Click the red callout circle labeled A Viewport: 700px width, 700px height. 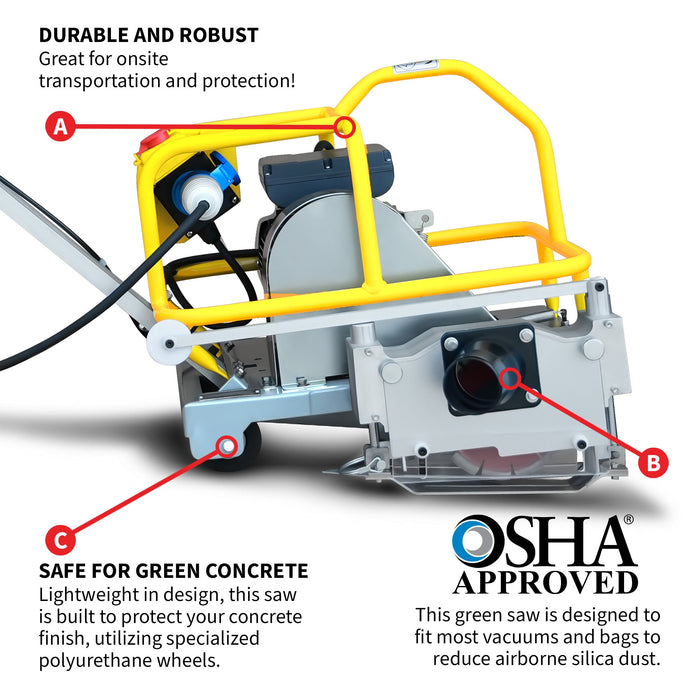(60, 126)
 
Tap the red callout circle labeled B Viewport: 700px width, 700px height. (653, 462)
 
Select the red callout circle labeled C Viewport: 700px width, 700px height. (60, 540)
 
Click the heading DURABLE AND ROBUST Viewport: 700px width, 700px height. (149, 35)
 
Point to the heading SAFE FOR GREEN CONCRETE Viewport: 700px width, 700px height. (173, 571)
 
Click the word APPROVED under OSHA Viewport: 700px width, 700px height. (546, 583)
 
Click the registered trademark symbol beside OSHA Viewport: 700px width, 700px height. (628, 519)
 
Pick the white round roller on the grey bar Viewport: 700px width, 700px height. (167, 343)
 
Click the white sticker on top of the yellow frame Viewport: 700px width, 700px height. (413, 67)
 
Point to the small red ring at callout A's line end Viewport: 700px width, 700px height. (344, 127)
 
